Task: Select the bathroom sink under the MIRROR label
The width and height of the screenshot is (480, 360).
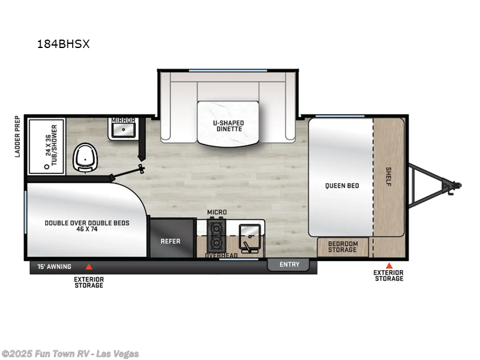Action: pyautogui.click(x=125, y=129)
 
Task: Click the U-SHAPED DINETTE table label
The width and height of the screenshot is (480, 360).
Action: pyautogui.click(x=229, y=126)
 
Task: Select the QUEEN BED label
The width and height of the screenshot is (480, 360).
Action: pyautogui.click(x=343, y=185)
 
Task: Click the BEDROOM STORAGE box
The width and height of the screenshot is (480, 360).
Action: pyautogui.click(x=343, y=247)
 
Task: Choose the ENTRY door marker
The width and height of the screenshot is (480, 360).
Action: pyautogui.click(x=289, y=265)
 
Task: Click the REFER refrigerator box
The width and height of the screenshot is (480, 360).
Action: pyautogui.click(x=170, y=241)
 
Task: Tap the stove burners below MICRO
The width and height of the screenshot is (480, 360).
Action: pyautogui.click(x=215, y=236)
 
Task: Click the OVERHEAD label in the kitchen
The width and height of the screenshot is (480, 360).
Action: pyautogui.click(x=221, y=255)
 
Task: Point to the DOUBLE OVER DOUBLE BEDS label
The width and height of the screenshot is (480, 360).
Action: pyautogui.click(x=87, y=226)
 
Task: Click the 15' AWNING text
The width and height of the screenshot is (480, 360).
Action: pyautogui.click(x=55, y=266)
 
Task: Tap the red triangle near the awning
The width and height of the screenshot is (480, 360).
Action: pyautogui.click(x=89, y=266)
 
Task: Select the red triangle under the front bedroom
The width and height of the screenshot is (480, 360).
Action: pyautogui.click(x=388, y=265)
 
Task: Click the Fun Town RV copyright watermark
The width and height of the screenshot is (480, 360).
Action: pyautogui.click(x=70, y=353)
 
